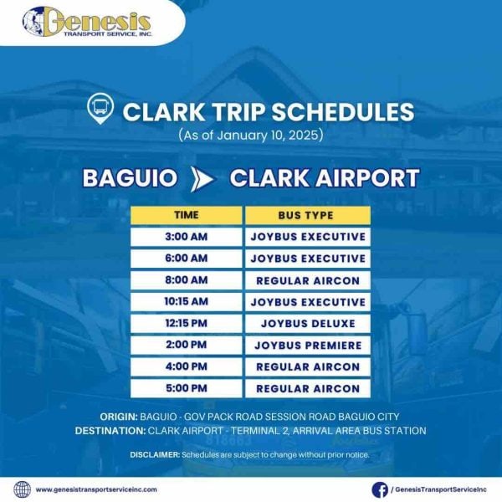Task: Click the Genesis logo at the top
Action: pyautogui.click(x=87, y=22)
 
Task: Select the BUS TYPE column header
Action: pyautogui.click(x=307, y=215)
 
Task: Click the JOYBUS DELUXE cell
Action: pyautogui.click(x=307, y=324)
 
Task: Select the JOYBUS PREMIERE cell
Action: pyautogui.click(x=307, y=346)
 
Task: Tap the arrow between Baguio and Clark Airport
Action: pyautogui.click(x=203, y=178)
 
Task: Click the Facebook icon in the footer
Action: pyautogui.click(x=379, y=489)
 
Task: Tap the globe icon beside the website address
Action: pyautogui.click(x=22, y=489)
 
